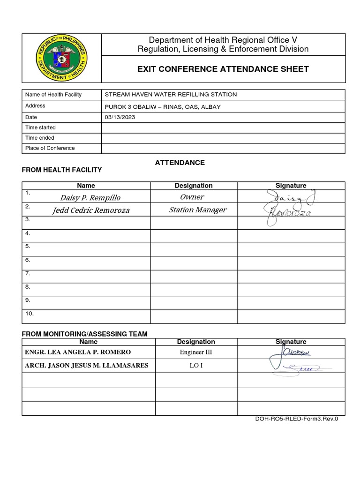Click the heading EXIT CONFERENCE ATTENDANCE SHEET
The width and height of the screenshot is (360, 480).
[223, 69]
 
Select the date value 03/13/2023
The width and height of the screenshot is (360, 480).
[120, 117]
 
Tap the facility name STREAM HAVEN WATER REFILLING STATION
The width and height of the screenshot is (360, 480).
[171, 95]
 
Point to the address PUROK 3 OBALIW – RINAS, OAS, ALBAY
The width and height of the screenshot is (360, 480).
[163, 106]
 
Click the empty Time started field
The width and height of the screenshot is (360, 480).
[223, 127]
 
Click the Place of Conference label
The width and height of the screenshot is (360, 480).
[50, 148]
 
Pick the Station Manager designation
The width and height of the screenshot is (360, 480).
[197, 210]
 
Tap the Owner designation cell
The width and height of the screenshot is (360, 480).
[192, 197]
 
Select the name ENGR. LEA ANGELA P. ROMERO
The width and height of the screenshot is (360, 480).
[78, 352]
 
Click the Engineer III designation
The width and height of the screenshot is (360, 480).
[196, 352]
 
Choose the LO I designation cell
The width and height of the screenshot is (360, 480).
[196, 366]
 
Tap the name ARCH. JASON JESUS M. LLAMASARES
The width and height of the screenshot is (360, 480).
[86, 366]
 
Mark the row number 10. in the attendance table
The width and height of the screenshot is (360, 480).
[30, 314]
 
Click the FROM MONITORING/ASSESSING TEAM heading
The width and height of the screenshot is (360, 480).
[85, 334]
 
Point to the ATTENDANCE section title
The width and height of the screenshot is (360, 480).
[180, 163]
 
